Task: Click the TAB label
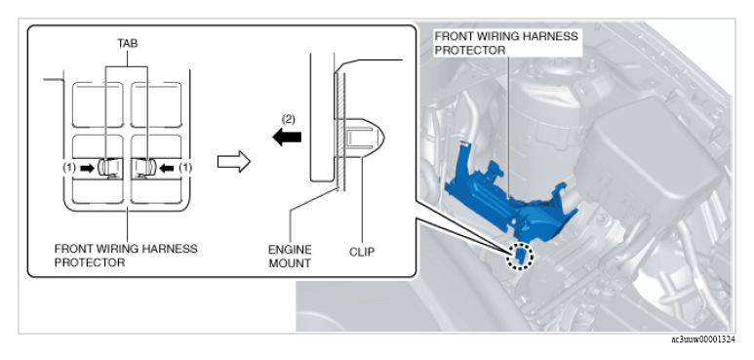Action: click(x=128, y=43)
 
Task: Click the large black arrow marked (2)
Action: click(x=287, y=137)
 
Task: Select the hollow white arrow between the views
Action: click(x=234, y=162)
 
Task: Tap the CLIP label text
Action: click(x=362, y=252)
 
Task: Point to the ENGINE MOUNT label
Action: click(x=290, y=257)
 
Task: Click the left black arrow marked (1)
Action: click(x=88, y=168)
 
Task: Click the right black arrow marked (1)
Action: click(x=167, y=168)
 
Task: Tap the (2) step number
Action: click(x=288, y=120)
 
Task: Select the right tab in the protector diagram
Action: click(x=144, y=167)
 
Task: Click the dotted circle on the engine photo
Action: click(x=519, y=256)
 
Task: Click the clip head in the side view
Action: click(x=365, y=138)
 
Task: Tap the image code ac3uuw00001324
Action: click(x=703, y=340)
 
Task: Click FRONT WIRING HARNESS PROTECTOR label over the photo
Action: click(x=506, y=43)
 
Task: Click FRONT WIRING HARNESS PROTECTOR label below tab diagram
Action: click(x=126, y=256)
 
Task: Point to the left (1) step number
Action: click(x=69, y=168)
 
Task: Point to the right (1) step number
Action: click(x=185, y=168)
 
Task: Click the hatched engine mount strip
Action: click(x=340, y=130)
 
